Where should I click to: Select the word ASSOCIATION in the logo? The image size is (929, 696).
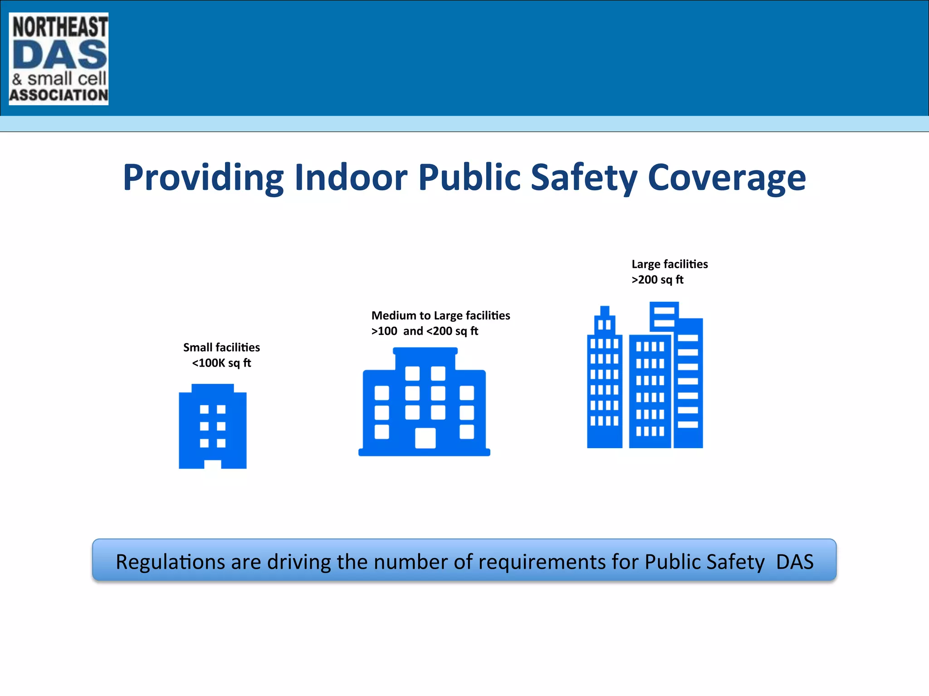coord(59,95)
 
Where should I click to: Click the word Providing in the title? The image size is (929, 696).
coord(203,178)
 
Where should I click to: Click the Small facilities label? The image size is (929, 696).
coord(221,348)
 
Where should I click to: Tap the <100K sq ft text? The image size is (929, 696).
coord(221,363)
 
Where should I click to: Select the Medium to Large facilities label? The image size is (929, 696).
coord(440,315)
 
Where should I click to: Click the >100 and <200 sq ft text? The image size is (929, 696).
coord(425,331)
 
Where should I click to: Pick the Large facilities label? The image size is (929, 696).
coord(670,264)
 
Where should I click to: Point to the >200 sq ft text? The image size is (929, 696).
coord(657,280)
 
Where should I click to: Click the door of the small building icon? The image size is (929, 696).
coord(213,464)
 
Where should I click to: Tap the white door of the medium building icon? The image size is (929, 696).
coord(425,438)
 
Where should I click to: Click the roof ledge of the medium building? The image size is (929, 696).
coord(425,351)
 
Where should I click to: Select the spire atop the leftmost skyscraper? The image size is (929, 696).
coord(605,311)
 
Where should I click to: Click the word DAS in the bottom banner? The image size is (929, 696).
coord(795,562)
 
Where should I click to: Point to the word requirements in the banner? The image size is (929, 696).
coord(542,562)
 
